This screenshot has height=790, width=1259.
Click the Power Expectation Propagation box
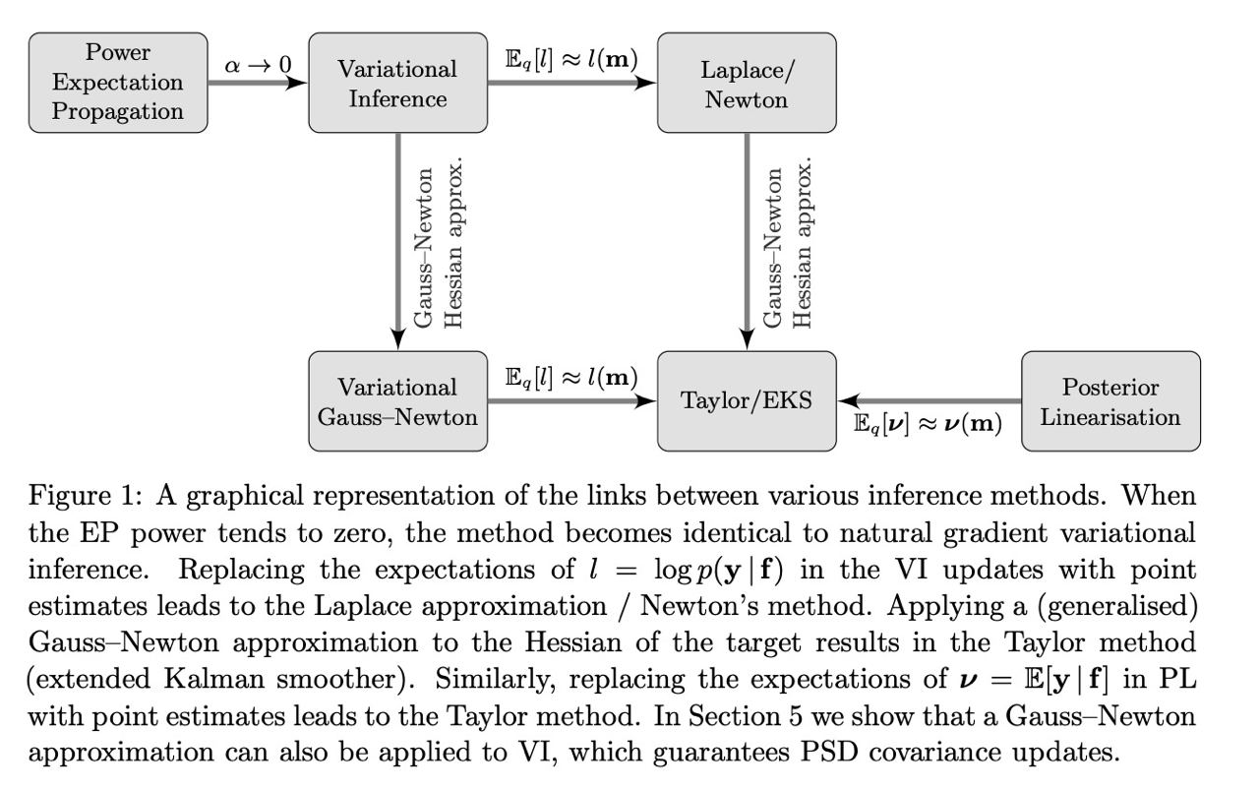pyautogui.click(x=118, y=83)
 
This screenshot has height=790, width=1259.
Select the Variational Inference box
pyautogui.click(x=398, y=83)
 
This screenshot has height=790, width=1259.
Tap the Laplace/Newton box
pyautogui.click(x=747, y=83)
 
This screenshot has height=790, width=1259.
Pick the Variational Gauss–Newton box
pyautogui.click(x=398, y=401)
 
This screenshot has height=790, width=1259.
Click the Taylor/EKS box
pyautogui.click(x=747, y=401)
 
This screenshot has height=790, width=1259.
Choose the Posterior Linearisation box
pyautogui.click(x=1111, y=401)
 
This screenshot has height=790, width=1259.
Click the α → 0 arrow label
pyautogui.click(x=259, y=65)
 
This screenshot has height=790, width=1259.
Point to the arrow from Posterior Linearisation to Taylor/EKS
pyautogui.click(x=929, y=401)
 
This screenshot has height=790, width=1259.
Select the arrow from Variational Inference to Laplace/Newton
pyautogui.click(x=572, y=83)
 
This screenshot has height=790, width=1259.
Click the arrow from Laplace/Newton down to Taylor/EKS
pyautogui.click(x=747, y=242)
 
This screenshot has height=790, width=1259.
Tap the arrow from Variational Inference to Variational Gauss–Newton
pyautogui.click(x=398, y=242)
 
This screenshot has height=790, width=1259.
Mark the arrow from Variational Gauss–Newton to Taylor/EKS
pyautogui.click(x=572, y=401)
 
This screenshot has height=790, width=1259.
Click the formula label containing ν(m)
pyautogui.click(x=928, y=423)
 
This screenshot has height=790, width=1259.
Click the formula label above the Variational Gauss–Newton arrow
pyautogui.click(x=571, y=377)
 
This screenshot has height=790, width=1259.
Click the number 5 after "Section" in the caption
pyautogui.click(x=795, y=716)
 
